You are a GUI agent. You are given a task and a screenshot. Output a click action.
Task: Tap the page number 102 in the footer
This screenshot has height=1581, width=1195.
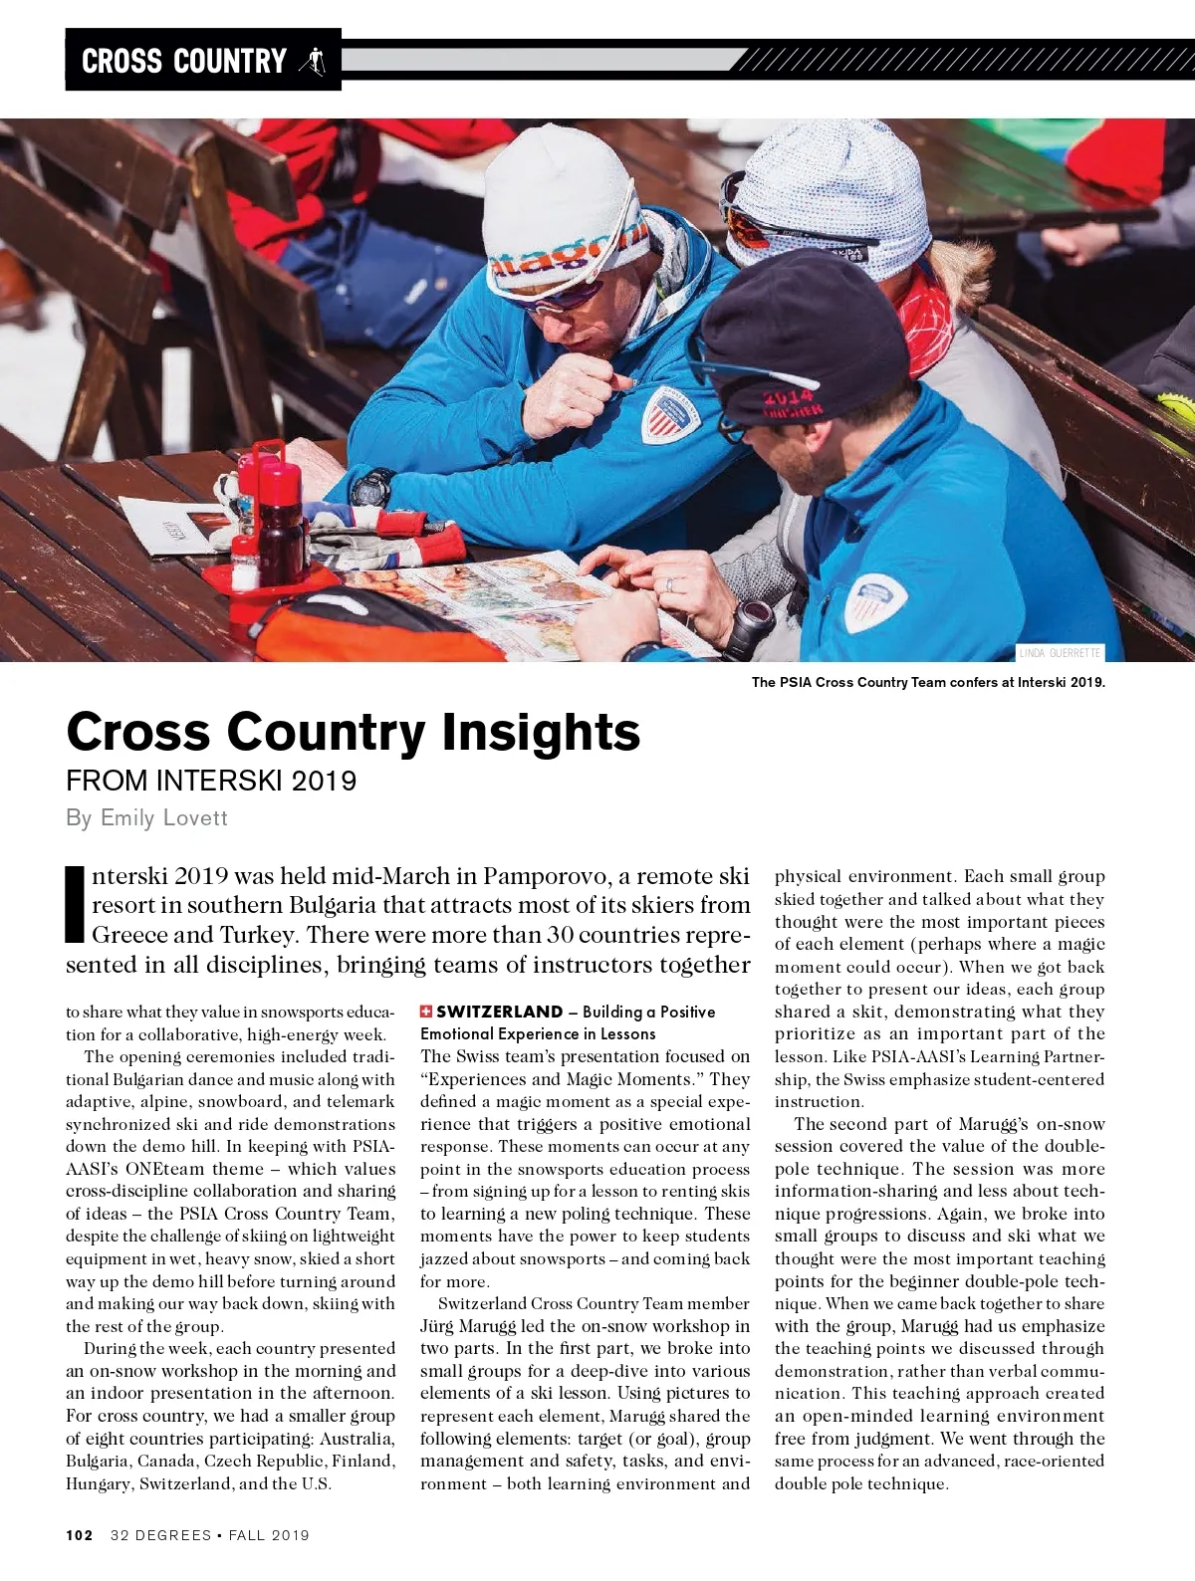[x=80, y=1535]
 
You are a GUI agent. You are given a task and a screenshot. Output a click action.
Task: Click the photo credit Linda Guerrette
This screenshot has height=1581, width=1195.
[x=1060, y=653]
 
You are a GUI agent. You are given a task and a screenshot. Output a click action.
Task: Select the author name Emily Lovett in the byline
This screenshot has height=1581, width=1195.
[x=164, y=817]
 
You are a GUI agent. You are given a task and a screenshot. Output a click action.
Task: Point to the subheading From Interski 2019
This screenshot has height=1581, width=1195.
[x=211, y=780]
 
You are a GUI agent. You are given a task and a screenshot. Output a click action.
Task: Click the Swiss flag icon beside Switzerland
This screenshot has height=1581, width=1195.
[x=426, y=1012]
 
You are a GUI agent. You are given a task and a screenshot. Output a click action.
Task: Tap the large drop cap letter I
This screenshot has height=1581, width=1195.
[x=75, y=904]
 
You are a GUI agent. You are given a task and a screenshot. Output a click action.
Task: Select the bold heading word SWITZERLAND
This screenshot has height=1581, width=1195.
[x=500, y=1012]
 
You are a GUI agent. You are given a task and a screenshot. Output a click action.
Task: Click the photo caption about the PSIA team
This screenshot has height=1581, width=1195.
[x=928, y=682]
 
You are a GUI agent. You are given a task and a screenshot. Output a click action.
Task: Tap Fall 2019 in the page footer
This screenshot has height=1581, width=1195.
[x=269, y=1535]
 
